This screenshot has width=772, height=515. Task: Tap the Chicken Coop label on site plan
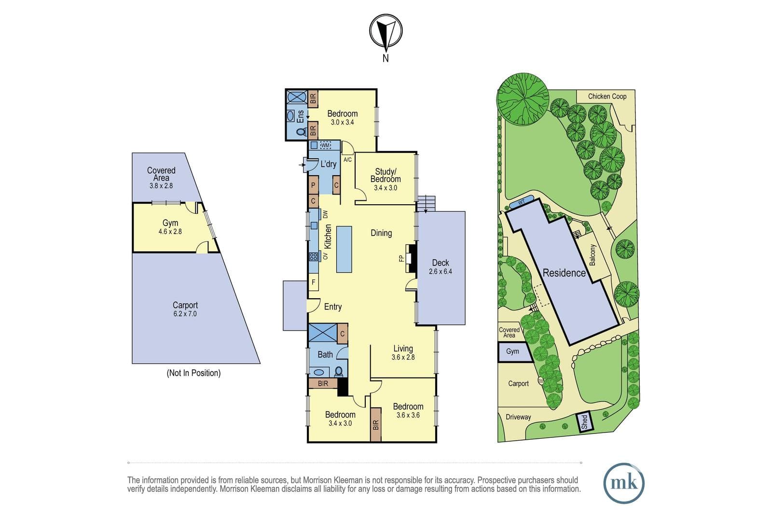pos(607,97)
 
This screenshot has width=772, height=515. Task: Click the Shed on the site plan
pos(584,421)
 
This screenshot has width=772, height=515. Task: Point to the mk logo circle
pos(624,483)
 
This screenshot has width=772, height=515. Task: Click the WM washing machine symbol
pos(325,145)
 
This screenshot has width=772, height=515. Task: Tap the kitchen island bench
pos(344,249)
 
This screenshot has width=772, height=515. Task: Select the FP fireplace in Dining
pos(411,258)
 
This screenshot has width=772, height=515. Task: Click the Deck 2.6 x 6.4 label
pos(441,267)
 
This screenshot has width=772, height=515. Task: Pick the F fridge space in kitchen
pos(313,282)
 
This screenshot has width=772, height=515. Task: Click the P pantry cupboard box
pos(313,185)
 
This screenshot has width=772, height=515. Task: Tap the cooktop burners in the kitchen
pos(313,256)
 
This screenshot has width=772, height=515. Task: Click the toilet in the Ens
pos(301,132)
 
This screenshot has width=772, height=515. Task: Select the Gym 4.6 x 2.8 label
pos(170,227)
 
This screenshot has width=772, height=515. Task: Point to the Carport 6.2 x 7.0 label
pos(185,309)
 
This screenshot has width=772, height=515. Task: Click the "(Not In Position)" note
pos(193,373)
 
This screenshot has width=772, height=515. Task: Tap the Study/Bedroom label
pos(386,179)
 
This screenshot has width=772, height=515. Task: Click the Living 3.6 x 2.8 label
pos(403,353)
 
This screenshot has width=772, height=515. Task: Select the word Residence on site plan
pos(564,273)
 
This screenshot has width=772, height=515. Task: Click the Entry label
pos(333,306)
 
